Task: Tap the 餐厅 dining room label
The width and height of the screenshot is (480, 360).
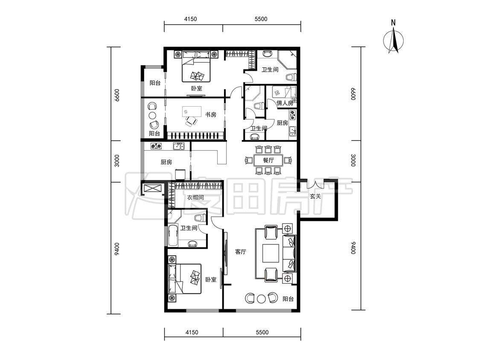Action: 268,160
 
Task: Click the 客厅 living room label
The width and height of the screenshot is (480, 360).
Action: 241,252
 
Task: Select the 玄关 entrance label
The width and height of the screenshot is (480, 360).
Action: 315,196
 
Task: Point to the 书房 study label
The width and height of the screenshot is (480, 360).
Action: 211,115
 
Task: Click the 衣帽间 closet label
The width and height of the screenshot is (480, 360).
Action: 195,198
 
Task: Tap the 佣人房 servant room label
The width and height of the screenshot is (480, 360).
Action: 285,103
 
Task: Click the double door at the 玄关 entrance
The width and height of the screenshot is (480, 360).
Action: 315,185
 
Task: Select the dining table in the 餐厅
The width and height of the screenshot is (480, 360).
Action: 268,160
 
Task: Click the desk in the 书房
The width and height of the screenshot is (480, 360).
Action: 192,111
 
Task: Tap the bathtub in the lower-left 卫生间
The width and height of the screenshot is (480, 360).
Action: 172,235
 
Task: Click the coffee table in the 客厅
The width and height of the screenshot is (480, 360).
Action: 271,253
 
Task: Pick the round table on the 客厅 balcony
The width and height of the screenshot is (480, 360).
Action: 261,299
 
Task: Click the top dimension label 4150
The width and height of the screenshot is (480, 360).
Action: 190,19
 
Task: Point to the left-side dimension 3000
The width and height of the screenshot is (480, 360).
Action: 116,161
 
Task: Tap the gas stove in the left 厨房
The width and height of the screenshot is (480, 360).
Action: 156,146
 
